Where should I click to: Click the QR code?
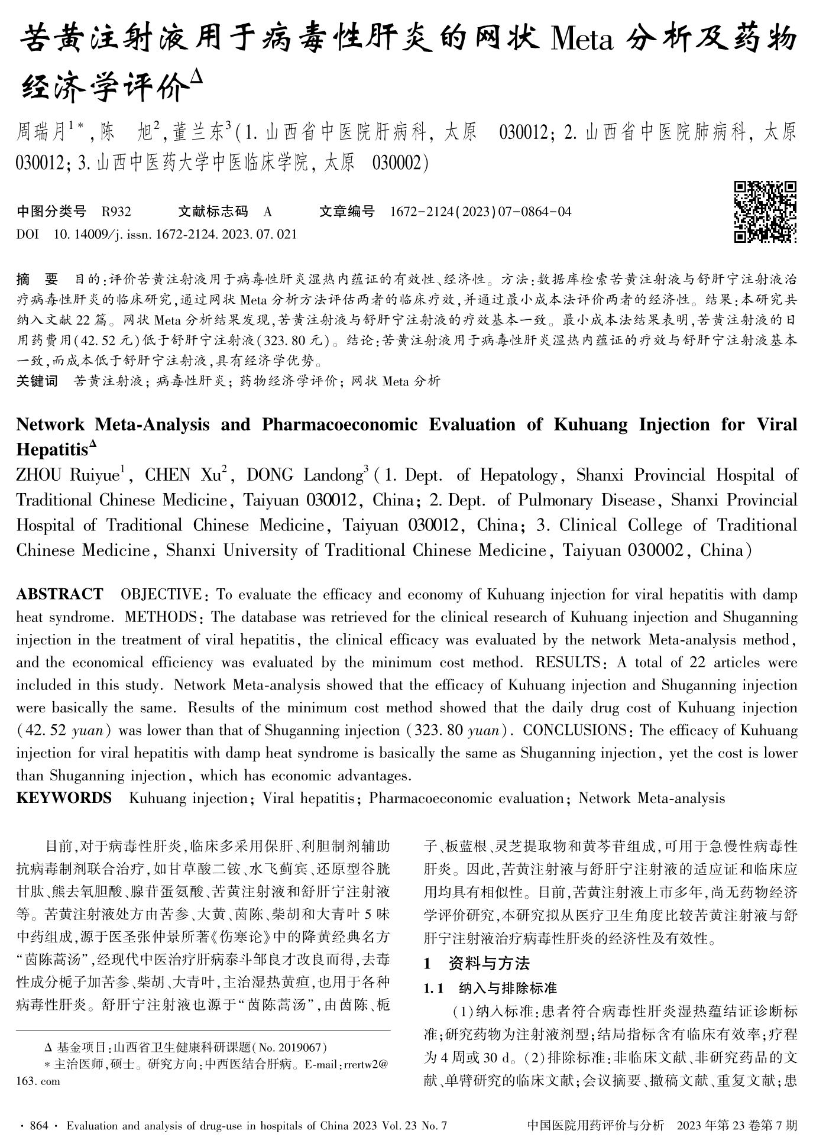[765, 212]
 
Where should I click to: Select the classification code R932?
[116, 212]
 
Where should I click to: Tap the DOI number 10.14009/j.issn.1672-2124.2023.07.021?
[175, 234]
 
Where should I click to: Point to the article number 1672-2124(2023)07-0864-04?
[481, 212]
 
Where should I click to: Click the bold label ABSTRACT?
[60, 594]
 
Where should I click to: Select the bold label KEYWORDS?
[64, 798]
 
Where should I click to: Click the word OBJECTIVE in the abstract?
[160, 594]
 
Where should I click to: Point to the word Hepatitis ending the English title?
[52, 449]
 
